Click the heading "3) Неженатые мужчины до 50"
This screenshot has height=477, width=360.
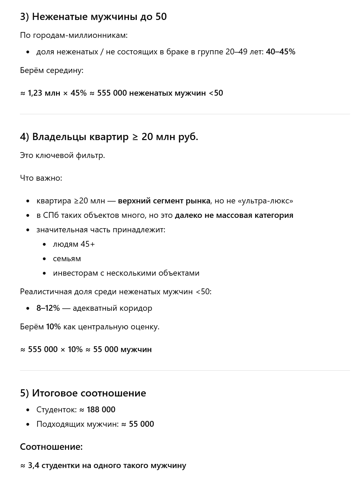pyautogui.click(x=93, y=17)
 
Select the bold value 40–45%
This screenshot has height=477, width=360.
pyautogui.click(x=281, y=52)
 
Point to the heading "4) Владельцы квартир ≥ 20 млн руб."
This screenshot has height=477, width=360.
pyautogui.click(x=109, y=137)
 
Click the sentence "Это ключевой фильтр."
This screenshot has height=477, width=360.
pyautogui.click(x=62, y=155)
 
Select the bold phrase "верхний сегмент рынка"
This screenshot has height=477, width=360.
pyautogui.click(x=164, y=201)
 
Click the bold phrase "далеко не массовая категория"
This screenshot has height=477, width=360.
pyautogui.click(x=234, y=215)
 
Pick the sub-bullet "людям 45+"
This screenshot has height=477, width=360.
pyautogui.click(x=74, y=244)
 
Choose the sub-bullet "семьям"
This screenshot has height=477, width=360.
pyautogui.click(x=67, y=258)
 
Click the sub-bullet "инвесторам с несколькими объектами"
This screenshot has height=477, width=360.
pyautogui.click(x=126, y=273)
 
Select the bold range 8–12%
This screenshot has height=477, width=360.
pyautogui.click(x=48, y=308)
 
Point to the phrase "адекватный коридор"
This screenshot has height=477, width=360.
pyautogui.click(x=112, y=308)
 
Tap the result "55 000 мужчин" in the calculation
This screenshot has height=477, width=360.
pyautogui.click(x=122, y=349)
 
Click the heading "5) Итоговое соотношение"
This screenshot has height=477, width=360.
pyautogui.click(x=83, y=393)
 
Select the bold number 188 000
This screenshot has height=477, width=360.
pyautogui.click(x=101, y=410)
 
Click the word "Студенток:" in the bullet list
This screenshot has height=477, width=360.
pyautogui.click(x=56, y=410)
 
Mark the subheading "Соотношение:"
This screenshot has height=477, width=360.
pyautogui.click(x=51, y=447)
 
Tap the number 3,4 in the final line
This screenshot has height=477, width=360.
pyautogui.click(x=33, y=465)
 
